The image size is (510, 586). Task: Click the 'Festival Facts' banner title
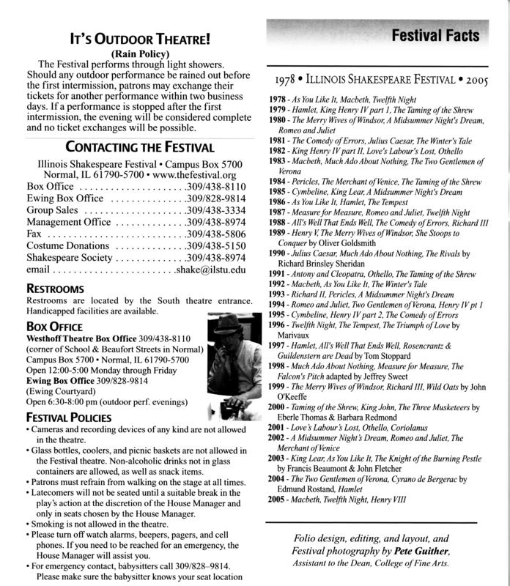pos(435,34)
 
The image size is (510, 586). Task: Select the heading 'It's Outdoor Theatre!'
pos(130,39)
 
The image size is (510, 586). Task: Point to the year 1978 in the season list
pos(278,97)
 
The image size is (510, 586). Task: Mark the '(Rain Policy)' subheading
pos(130,53)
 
